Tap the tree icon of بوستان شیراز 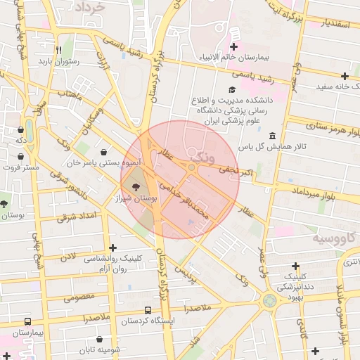tap(136, 188)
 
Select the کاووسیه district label tap(334, 239)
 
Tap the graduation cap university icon tap(232, 90)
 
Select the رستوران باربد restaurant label tap(58, 61)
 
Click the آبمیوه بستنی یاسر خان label tap(104, 162)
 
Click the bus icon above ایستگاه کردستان tap(148, 310)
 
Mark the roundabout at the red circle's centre tap(191, 167)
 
